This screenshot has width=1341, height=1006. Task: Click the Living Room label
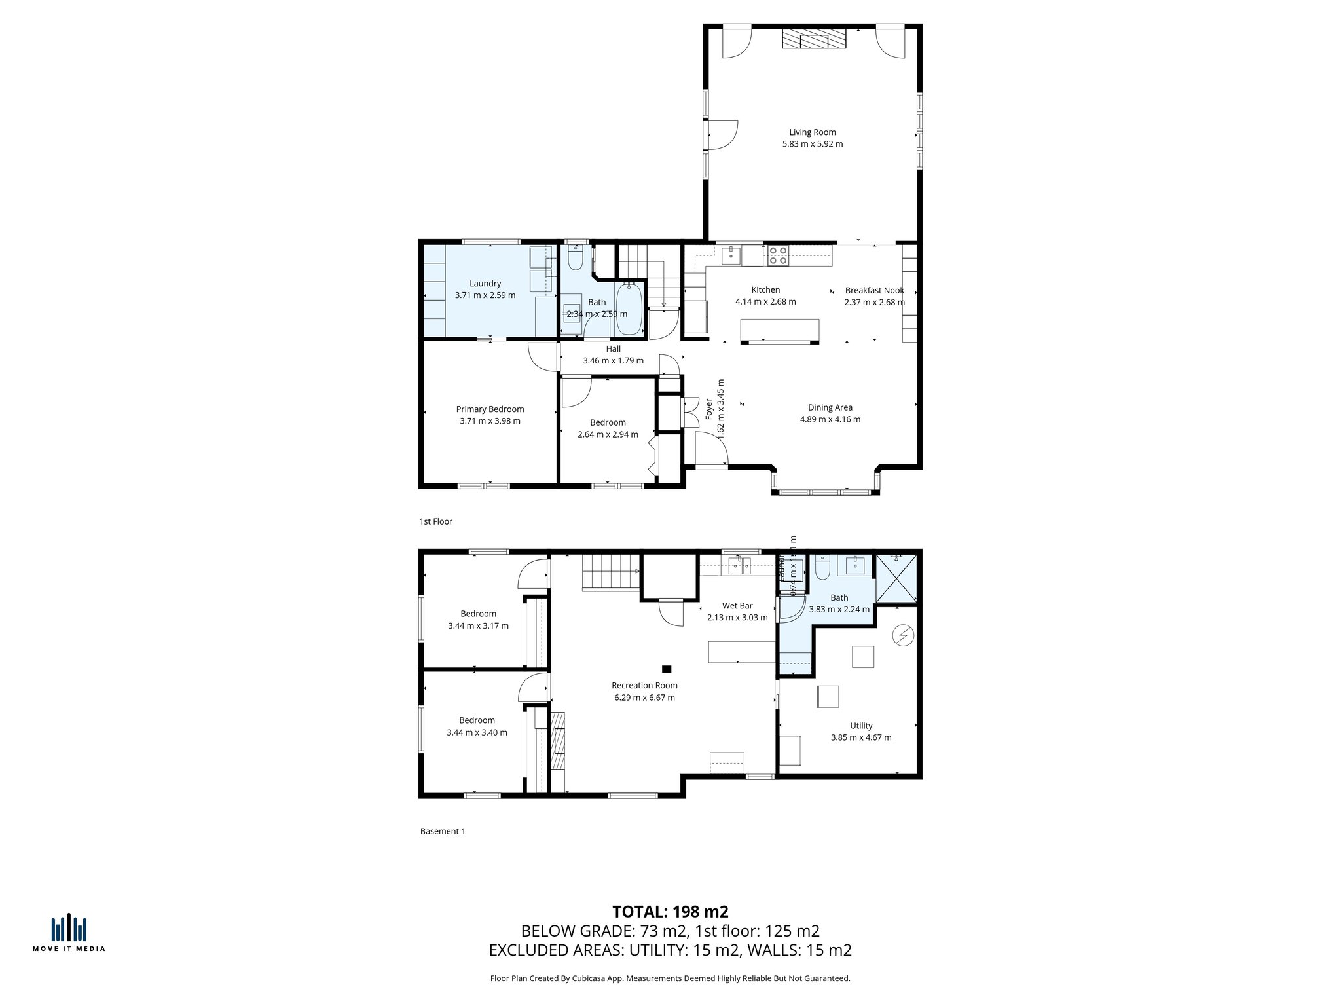812,132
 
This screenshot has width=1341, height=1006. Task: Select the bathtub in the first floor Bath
629,308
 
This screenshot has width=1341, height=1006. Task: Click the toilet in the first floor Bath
576,259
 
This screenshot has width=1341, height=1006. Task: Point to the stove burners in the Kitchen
778,255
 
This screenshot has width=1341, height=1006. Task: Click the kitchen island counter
779,331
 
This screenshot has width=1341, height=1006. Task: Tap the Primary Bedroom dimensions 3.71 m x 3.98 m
490,421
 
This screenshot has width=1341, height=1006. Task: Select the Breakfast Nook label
874,290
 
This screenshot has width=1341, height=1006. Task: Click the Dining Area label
830,407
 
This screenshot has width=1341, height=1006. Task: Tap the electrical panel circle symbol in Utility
903,635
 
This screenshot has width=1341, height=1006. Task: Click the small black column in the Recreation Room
667,669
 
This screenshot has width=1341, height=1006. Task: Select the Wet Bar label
737,606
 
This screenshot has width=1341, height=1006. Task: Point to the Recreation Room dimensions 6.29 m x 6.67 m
644,698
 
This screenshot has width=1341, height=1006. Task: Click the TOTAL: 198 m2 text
670,912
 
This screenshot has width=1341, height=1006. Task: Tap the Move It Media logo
69,933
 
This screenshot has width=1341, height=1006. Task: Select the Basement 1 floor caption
443,831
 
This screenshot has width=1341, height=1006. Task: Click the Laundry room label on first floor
485,284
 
